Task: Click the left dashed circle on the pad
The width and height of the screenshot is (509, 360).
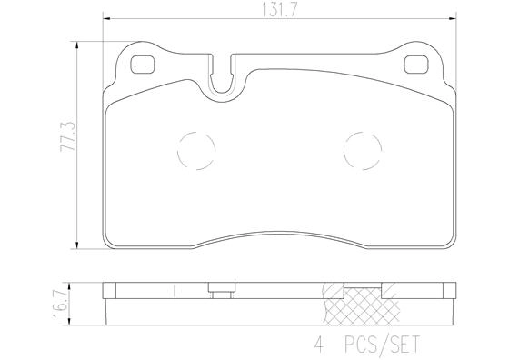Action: point(194,149)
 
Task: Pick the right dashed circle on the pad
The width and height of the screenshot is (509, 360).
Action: point(363,149)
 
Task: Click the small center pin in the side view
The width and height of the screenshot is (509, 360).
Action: point(218,292)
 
